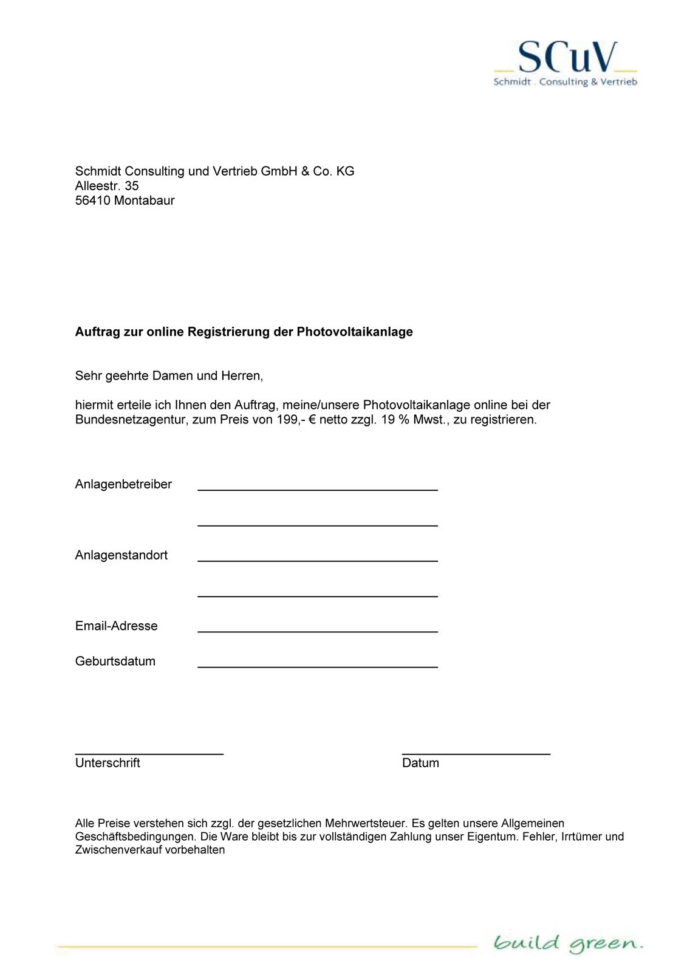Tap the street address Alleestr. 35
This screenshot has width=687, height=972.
click(x=107, y=186)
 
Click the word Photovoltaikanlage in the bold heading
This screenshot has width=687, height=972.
click(x=355, y=332)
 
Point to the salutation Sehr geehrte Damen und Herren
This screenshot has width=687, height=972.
click(x=169, y=375)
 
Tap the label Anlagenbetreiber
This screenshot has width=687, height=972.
click(x=123, y=484)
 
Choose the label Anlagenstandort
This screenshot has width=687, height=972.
click(x=121, y=555)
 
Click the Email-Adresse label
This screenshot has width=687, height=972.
click(x=117, y=626)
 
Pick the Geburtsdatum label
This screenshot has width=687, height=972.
click(x=115, y=661)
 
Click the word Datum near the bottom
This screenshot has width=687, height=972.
click(x=420, y=763)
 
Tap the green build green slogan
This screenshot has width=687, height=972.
click(x=567, y=943)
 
